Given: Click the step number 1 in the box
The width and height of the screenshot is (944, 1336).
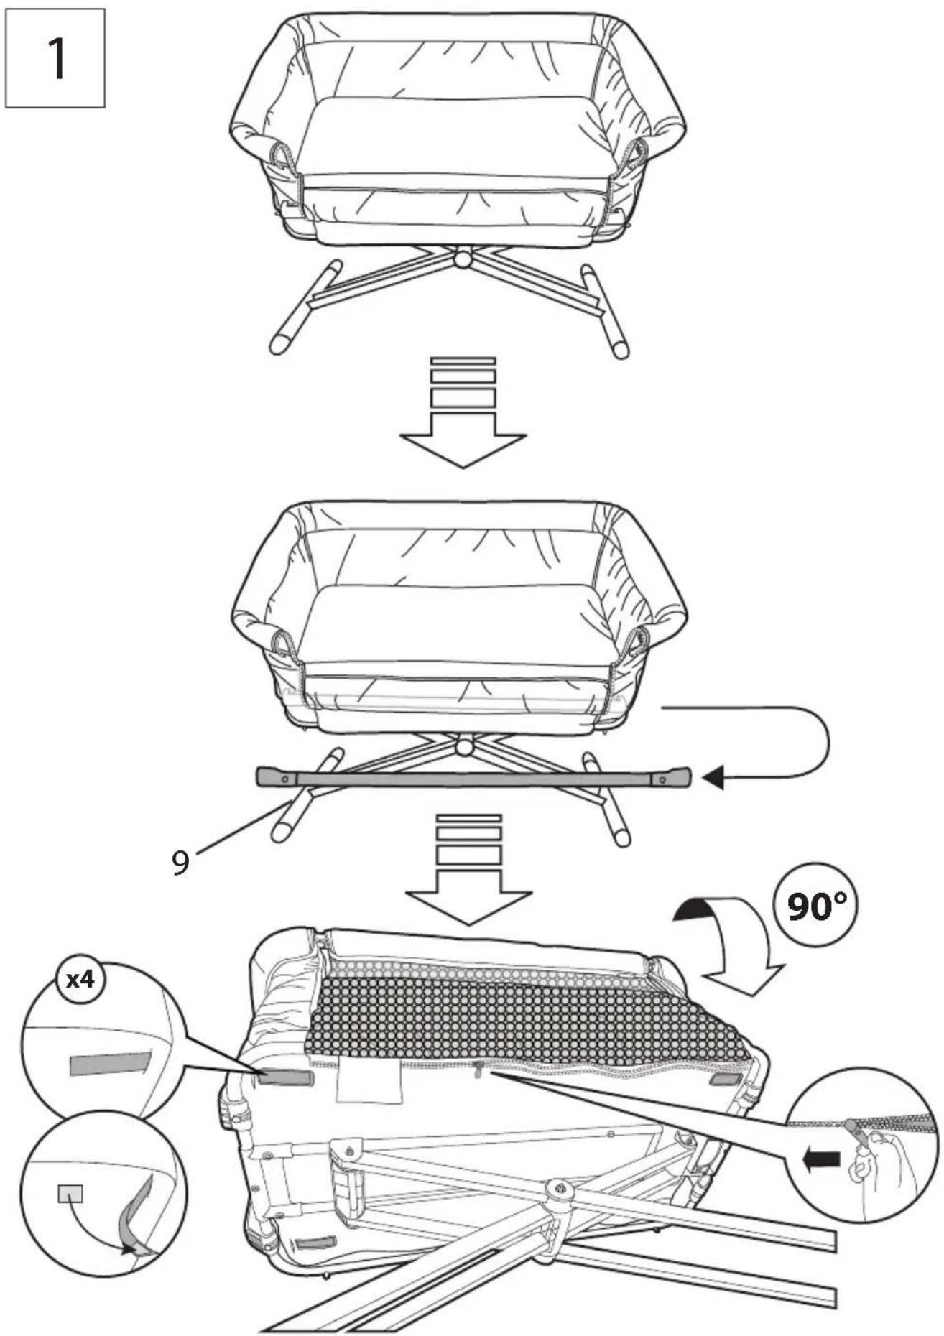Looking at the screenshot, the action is coord(55,58).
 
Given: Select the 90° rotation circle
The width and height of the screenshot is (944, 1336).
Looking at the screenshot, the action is coord(817,906).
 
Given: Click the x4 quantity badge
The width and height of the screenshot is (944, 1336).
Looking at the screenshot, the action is coord(80,978).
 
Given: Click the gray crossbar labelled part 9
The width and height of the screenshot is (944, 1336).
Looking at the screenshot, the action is coord(473,778).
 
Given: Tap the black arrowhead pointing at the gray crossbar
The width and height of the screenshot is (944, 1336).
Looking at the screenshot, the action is coord(713,778).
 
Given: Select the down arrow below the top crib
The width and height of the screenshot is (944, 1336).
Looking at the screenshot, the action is coord(463,412).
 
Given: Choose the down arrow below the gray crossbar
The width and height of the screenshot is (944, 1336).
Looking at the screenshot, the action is coord(468,869).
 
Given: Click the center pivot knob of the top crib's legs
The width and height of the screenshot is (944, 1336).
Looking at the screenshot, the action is coord(463,256).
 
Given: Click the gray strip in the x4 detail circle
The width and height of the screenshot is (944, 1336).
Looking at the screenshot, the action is coord(108,1064).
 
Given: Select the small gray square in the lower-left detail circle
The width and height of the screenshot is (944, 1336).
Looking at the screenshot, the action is coord(70,1193).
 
